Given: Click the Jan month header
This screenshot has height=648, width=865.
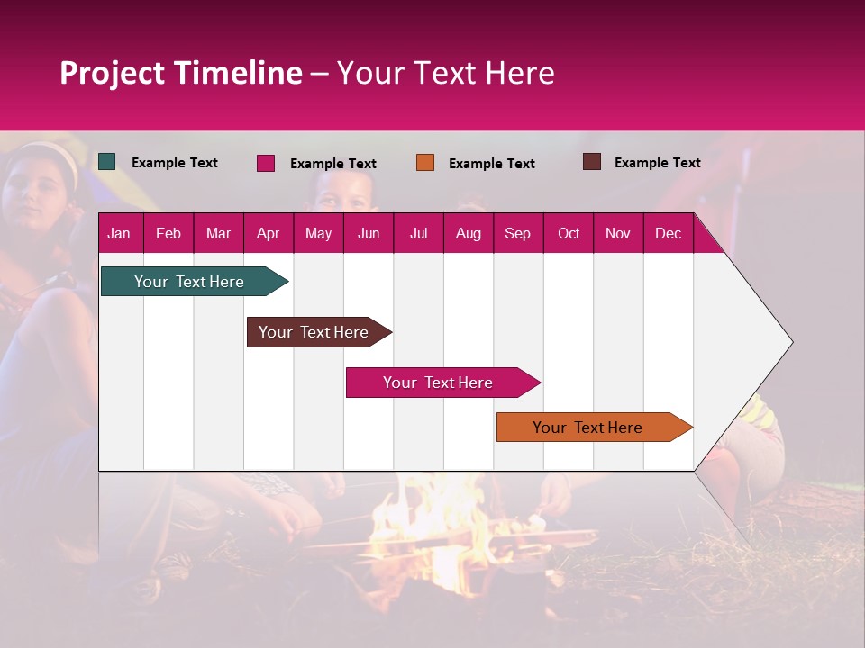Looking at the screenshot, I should click(119, 233).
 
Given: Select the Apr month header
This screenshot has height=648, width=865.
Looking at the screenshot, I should click(268, 233).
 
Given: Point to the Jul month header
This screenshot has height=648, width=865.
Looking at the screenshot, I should click(418, 233).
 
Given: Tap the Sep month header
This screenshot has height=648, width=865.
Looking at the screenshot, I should click(517, 233).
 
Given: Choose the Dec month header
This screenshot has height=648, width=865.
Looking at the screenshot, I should click(668, 233).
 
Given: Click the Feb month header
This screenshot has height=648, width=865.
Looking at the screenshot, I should click(168, 233).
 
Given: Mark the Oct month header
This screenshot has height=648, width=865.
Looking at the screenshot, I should click(568, 233).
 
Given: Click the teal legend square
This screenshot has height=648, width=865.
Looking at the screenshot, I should click(107, 162).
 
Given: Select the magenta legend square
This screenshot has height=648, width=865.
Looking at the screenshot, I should click(266, 163).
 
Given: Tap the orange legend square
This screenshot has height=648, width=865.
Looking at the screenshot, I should click(425, 162).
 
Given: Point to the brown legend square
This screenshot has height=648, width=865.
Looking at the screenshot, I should click(592, 162).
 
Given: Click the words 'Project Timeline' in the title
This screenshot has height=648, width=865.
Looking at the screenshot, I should click(180, 73).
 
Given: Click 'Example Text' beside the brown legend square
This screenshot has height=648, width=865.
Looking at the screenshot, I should click(657, 163).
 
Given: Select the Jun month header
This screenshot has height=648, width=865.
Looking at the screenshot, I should click(369, 233).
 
